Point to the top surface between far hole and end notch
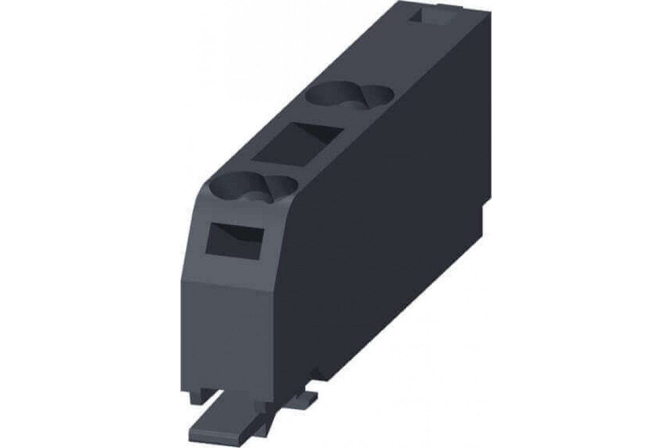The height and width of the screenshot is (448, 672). click(x=386, y=56)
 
